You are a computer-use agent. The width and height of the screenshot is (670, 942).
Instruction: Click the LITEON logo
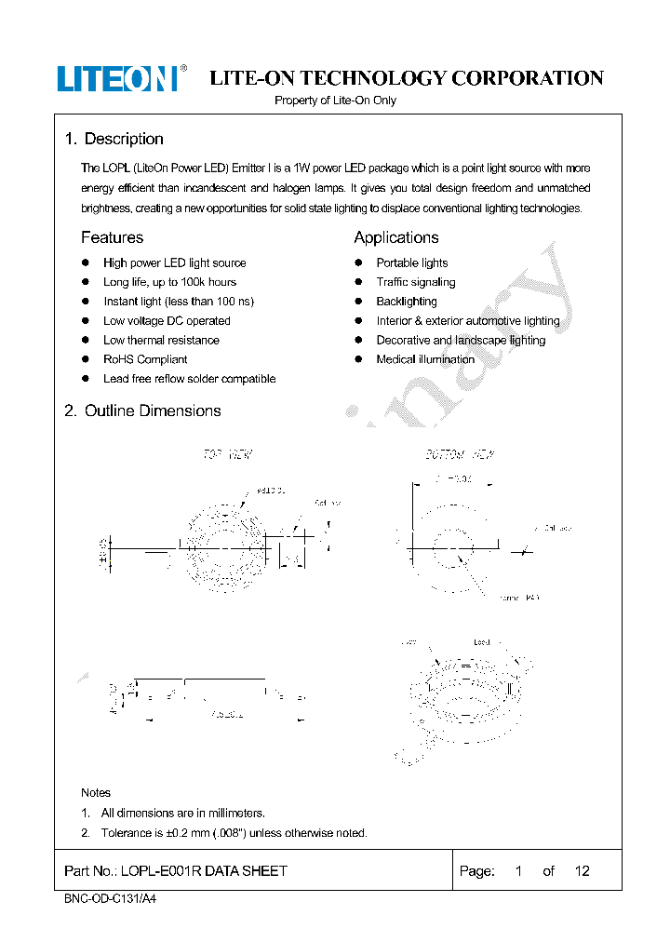pos(117,79)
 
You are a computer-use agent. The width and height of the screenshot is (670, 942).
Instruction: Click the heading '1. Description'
pos(114,139)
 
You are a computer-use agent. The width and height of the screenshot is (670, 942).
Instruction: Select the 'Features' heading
pos(112,237)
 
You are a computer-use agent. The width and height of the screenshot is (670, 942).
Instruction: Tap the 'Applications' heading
pos(395,237)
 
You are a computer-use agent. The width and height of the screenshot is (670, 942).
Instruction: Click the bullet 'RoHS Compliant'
pos(145,359)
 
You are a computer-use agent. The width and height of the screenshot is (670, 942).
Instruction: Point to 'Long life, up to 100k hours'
pos(169,282)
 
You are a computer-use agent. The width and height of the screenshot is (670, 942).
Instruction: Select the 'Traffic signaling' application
pos(415,282)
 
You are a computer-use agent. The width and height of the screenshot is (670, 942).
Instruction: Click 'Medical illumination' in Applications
pos(425,359)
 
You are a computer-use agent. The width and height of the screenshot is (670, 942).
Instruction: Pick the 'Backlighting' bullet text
pos(406,302)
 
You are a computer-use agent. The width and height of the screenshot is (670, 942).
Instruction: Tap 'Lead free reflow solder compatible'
pos(189,379)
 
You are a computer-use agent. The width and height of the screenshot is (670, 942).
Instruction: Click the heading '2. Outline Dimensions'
pos(142,410)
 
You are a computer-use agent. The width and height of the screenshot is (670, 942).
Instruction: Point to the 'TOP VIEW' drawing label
pos(228,455)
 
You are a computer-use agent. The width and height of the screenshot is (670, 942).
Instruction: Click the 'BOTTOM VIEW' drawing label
pos(460,455)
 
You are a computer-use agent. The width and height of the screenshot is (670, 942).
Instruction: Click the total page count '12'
pos(582,871)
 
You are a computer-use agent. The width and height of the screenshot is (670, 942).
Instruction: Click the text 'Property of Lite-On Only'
pos(335,101)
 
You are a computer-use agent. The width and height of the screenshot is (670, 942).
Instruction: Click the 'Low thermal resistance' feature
pos(161,341)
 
